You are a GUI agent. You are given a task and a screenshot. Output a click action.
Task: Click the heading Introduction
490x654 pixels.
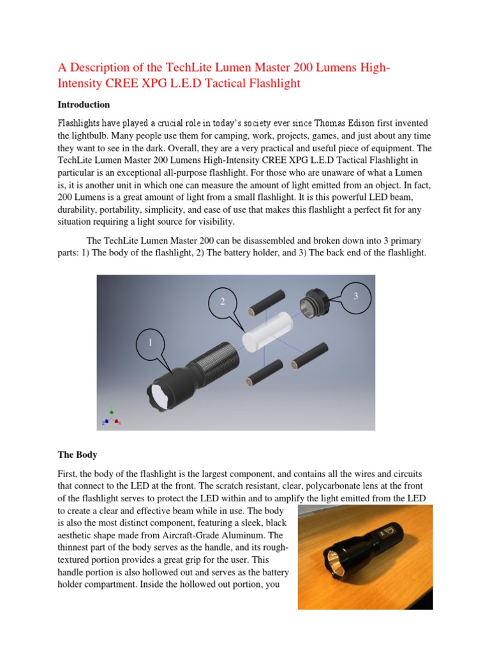(x=84, y=104)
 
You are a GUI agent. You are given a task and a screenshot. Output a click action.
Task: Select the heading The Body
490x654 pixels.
(x=77, y=455)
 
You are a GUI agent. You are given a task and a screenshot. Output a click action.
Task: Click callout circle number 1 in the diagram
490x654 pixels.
(x=151, y=343)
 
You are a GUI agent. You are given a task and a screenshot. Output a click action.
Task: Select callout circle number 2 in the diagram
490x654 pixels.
(x=223, y=301)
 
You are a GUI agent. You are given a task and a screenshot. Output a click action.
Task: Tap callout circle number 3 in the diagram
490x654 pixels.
(x=356, y=296)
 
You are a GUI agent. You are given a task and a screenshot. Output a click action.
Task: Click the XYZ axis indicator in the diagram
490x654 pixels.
(x=111, y=416)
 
